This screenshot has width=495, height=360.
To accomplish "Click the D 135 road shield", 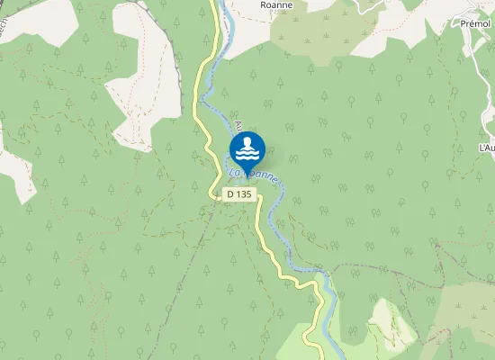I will [x=239, y=193].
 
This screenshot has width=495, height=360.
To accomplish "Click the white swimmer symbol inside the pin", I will [x=247, y=147].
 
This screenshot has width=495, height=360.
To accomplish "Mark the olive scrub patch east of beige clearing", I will [x=468, y=310].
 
